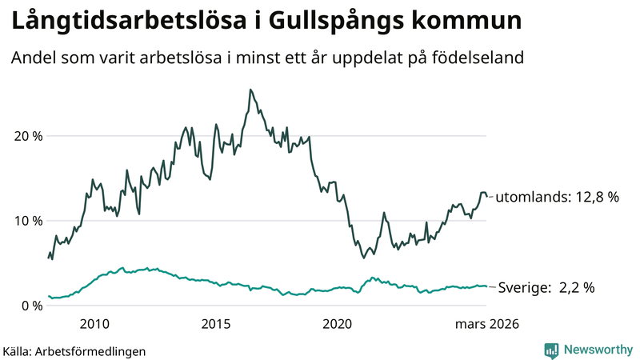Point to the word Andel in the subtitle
click(31, 58)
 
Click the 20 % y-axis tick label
click(28, 135)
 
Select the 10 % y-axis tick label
click(28, 221)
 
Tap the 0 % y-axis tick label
click(32, 306)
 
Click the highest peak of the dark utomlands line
click(250, 90)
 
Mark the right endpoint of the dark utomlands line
click(487, 197)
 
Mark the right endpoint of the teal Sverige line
click(487, 286)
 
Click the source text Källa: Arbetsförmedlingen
click(74, 350)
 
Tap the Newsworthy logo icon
click(551, 350)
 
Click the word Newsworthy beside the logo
click(597, 350)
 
